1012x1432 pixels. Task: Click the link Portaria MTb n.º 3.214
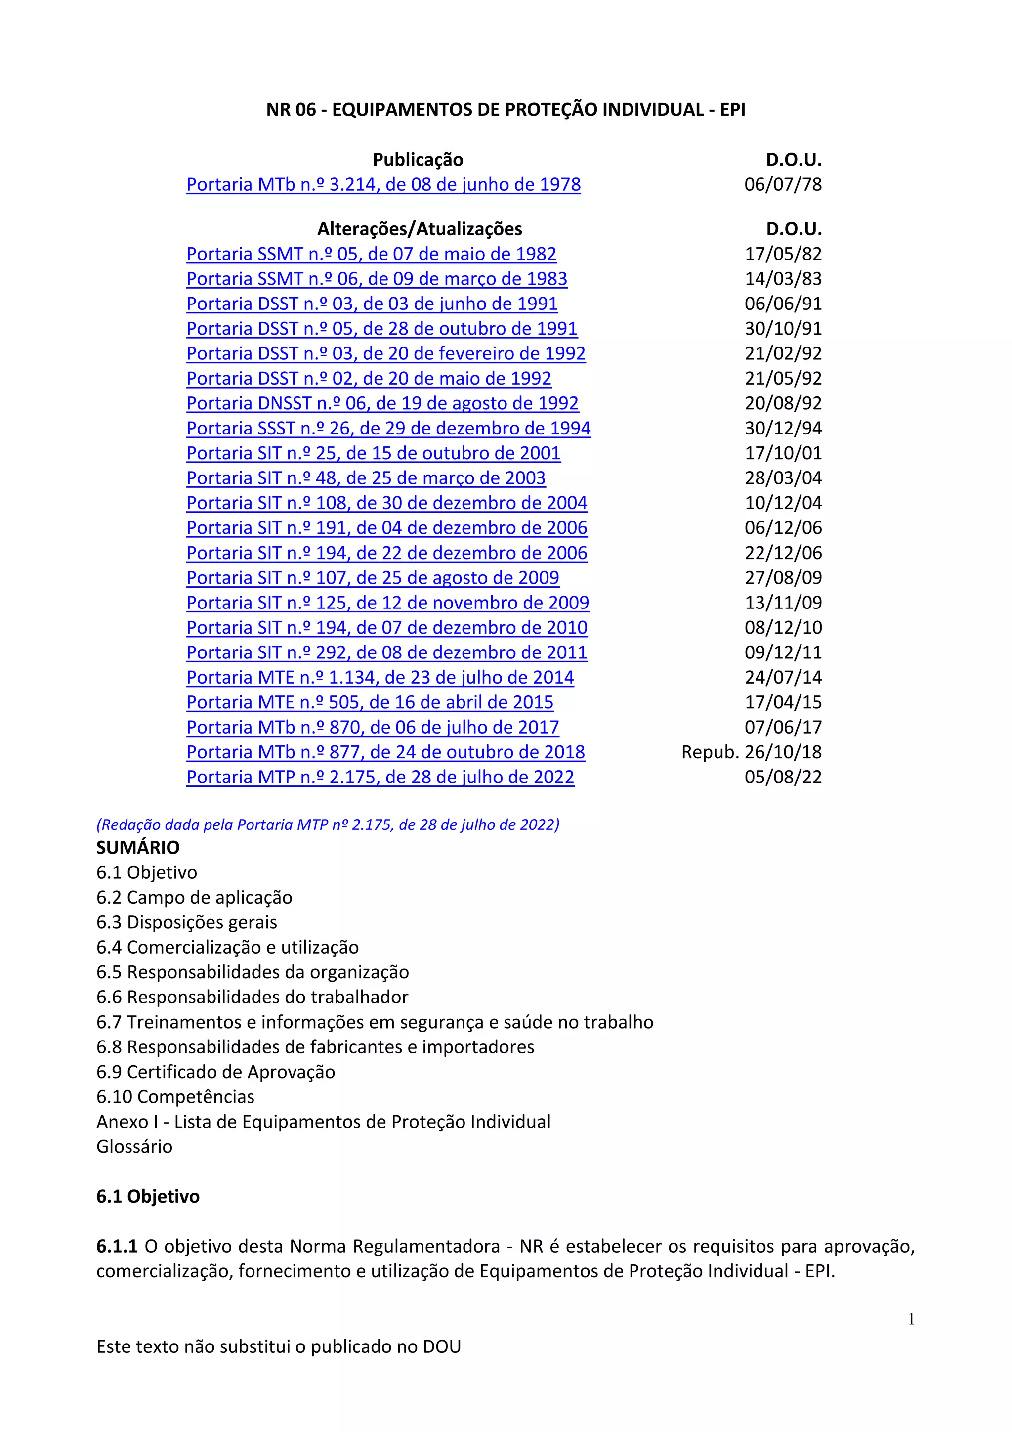(383, 184)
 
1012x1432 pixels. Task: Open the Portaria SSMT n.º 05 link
(371, 254)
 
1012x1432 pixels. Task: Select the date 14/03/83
(783, 279)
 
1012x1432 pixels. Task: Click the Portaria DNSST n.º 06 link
(382, 403)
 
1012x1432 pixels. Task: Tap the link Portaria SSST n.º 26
(388, 429)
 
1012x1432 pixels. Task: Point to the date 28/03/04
(783, 478)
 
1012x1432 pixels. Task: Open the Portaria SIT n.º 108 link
(386, 503)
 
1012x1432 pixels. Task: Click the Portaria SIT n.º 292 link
(386, 652)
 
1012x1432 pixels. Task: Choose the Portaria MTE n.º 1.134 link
(379, 677)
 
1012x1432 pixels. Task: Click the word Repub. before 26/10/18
(710, 752)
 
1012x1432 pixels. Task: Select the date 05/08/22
(783, 777)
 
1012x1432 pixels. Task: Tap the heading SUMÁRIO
(138, 848)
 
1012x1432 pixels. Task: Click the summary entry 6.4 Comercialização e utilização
(228, 948)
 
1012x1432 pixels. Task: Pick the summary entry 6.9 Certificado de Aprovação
(216, 1072)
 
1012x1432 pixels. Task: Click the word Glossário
(134, 1147)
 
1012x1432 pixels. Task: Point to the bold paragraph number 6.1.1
(117, 1247)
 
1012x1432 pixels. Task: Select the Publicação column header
(418, 160)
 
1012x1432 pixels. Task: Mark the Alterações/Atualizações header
(420, 229)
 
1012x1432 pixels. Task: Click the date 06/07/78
(783, 184)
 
